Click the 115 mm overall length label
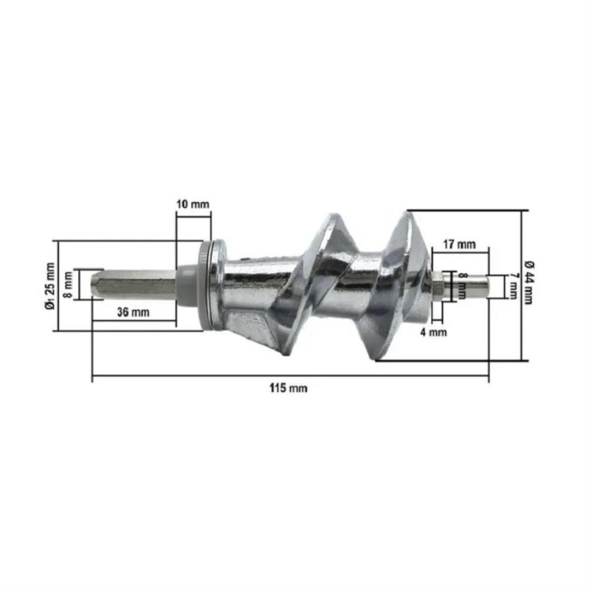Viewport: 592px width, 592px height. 289,388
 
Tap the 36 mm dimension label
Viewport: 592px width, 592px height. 133,312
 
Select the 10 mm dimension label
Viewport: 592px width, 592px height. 193,205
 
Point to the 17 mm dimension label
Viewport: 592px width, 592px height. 459,244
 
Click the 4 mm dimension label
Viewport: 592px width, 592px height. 433,332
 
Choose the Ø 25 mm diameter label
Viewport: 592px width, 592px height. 50,286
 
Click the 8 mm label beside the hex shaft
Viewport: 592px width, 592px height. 68,285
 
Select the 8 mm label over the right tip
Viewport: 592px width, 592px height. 462,286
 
